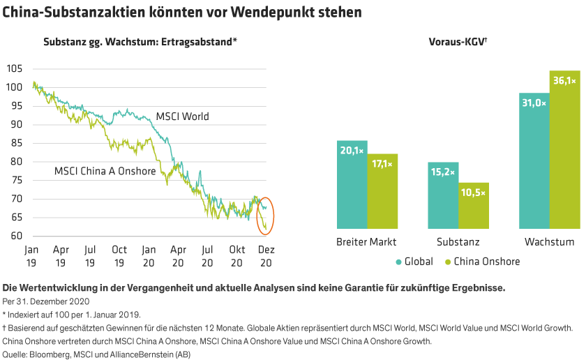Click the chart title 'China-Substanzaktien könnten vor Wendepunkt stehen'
point(182,12)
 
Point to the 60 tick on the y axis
point(16,236)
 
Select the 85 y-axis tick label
point(16,143)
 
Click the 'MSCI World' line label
point(182,117)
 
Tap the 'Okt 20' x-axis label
point(236,255)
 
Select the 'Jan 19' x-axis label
point(31,255)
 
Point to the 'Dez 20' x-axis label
point(266,255)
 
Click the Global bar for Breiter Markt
point(352,184)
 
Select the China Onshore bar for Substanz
point(474,205)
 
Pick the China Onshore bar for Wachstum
point(564,149)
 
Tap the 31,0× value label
point(534,103)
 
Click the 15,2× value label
point(443,172)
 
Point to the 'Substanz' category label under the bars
point(458,242)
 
